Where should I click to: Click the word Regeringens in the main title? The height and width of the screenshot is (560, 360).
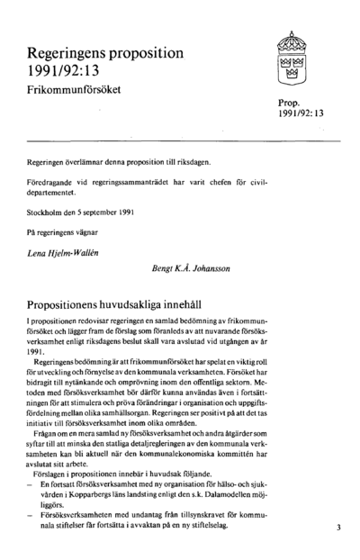pos(70,53)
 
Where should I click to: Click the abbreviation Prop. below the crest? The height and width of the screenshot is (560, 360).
pos(290,103)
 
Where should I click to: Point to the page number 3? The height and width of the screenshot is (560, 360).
pos(338,528)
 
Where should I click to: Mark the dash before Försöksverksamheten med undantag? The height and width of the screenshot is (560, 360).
pos(31,516)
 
